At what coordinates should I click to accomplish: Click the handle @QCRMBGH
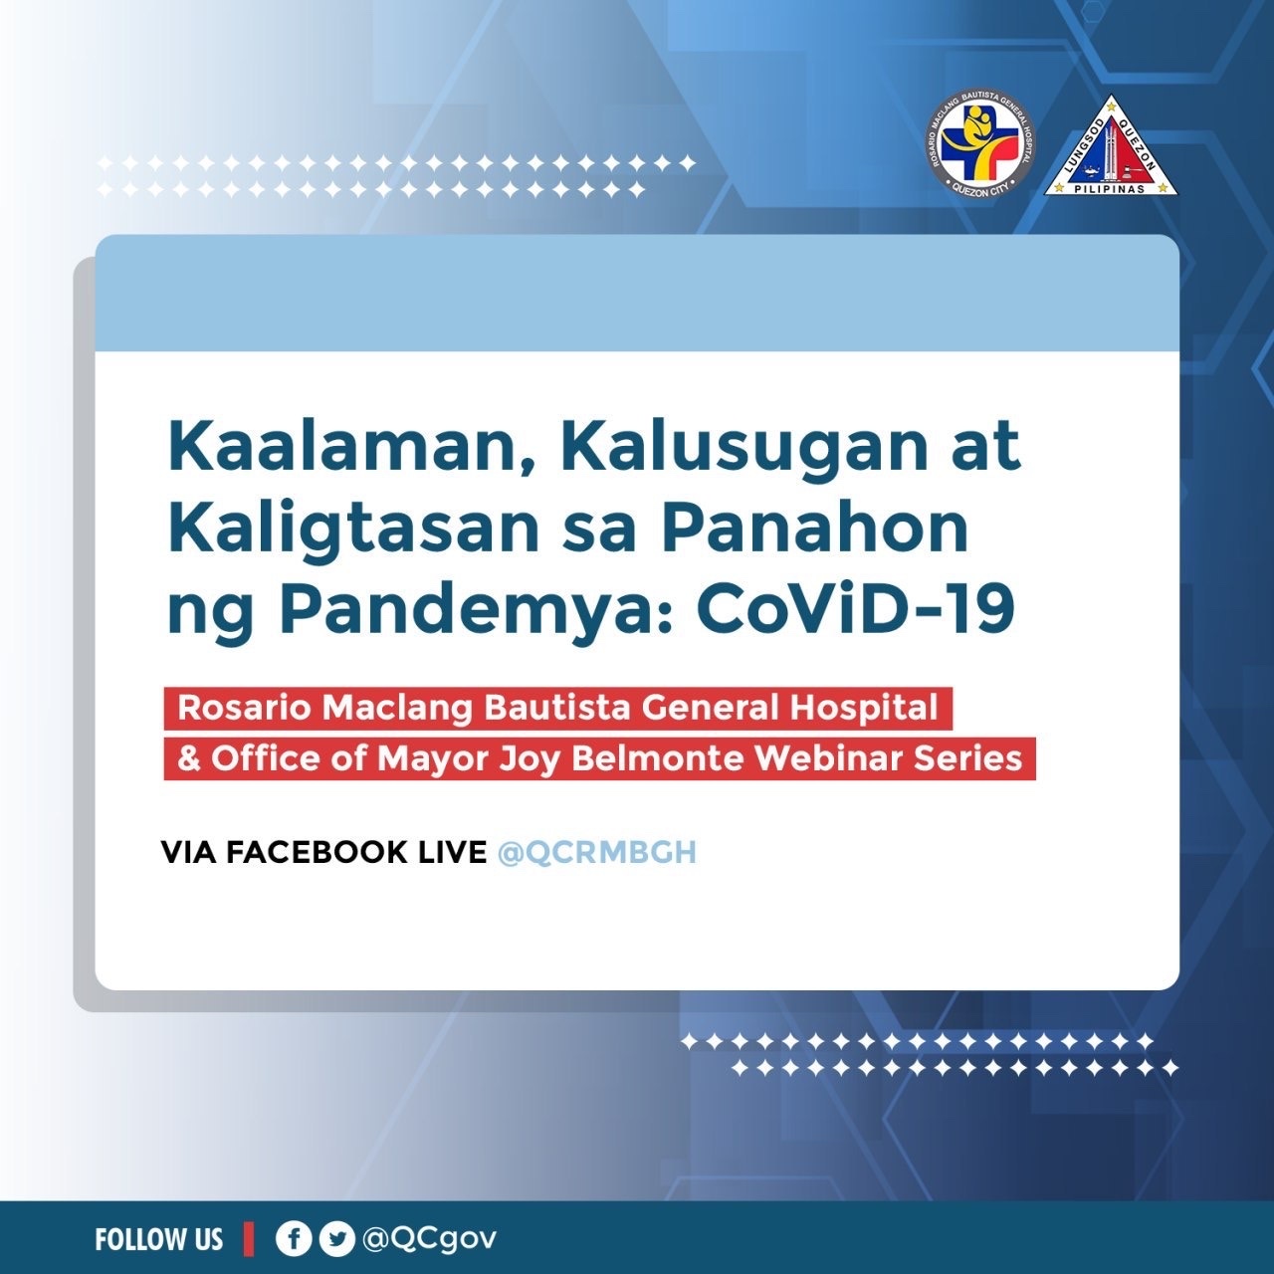(x=597, y=853)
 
